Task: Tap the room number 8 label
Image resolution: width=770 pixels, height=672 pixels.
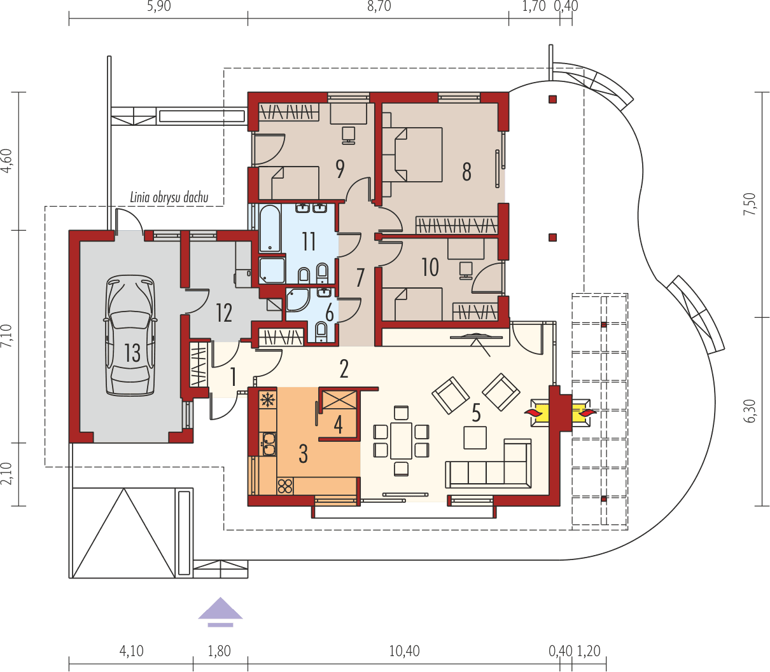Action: coord(466,171)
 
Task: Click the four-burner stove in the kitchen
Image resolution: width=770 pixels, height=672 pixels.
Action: coord(284,486)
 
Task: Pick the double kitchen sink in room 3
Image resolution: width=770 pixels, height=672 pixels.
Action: coord(268,443)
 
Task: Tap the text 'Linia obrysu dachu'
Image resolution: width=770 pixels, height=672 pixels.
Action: coord(169,197)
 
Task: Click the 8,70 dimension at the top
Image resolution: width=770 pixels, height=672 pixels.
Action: coord(378,7)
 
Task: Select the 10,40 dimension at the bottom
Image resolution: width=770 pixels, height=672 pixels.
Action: coord(403,650)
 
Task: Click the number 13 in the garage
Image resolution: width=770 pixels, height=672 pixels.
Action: coord(132,353)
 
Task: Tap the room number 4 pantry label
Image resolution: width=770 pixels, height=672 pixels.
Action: coord(339,424)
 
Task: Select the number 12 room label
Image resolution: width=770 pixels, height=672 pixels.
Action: coord(223,313)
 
